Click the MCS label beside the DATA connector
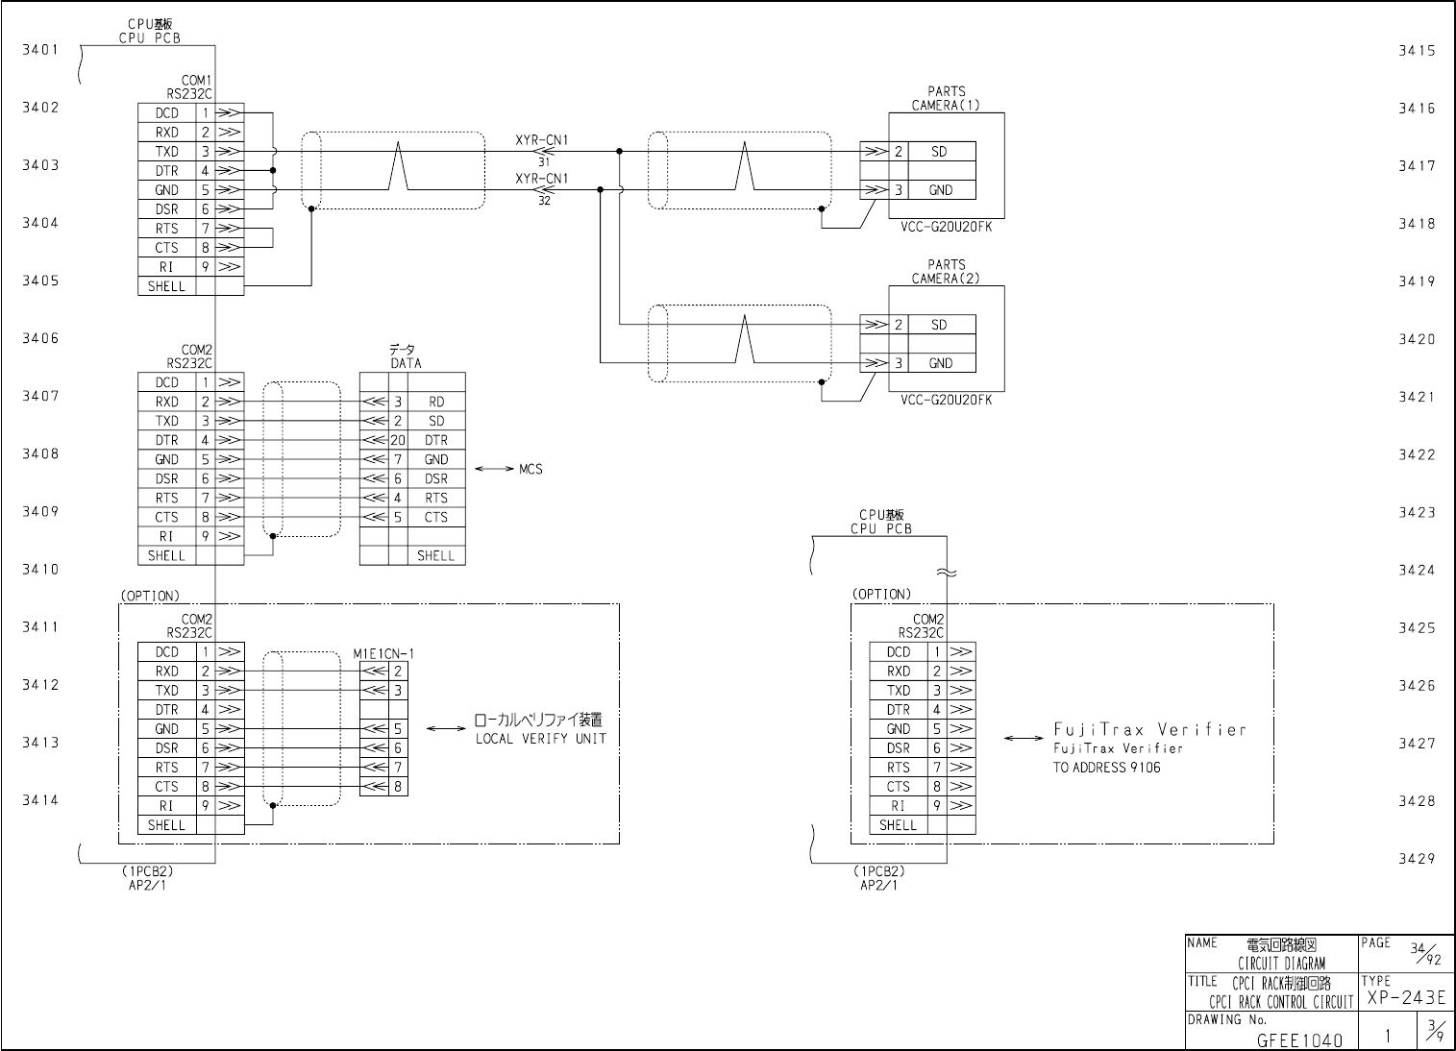531,469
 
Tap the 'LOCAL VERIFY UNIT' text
540,739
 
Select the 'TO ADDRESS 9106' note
1106,768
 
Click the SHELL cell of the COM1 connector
166,286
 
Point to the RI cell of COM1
166,267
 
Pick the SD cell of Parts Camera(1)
939,152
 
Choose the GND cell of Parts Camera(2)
940,363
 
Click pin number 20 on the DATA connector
398,440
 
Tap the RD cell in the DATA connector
436,402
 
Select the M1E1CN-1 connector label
383,654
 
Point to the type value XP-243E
1405,999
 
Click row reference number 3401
40,50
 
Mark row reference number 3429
1417,859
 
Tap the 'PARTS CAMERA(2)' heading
946,272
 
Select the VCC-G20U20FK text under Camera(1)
946,228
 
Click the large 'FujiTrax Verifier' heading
1149,729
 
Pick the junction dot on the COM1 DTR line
273,170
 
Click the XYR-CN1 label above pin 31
541,140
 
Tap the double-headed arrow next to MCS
494,469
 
